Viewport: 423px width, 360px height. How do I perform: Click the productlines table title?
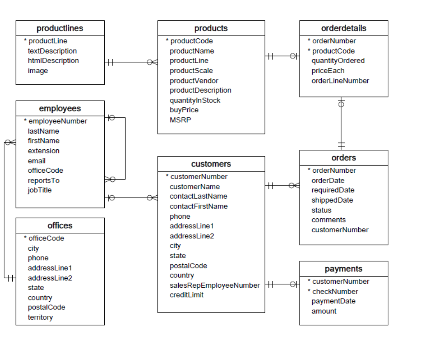[x=60, y=29]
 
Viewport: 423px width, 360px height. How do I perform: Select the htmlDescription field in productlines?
[x=53, y=61]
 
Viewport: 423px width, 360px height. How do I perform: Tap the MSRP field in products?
[x=180, y=120]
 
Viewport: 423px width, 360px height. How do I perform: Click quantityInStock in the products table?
[x=195, y=100]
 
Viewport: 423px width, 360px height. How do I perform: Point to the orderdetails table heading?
[x=343, y=29]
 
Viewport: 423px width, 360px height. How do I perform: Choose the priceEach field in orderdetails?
[x=328, y=71]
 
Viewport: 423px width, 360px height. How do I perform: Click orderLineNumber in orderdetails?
[x=340, y=81]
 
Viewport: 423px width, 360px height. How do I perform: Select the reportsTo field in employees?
[x=44, y=180]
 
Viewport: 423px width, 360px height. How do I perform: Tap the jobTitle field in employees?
[x=40, y=190]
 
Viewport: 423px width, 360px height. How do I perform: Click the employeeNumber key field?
[x=57, y=121]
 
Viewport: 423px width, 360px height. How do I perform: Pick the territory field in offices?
[x=40, y=317]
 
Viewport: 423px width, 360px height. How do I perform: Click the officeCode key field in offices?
[x=46, y=238]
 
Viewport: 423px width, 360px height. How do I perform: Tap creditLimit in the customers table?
[x=186, y=295]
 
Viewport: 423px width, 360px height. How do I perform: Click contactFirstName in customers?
[x=199, y=206]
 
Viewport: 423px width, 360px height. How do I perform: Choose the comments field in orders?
[x=329, y=220]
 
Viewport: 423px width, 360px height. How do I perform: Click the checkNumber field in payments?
[x=335, y=291]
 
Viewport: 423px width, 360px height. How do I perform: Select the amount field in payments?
[x=324, y=311]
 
